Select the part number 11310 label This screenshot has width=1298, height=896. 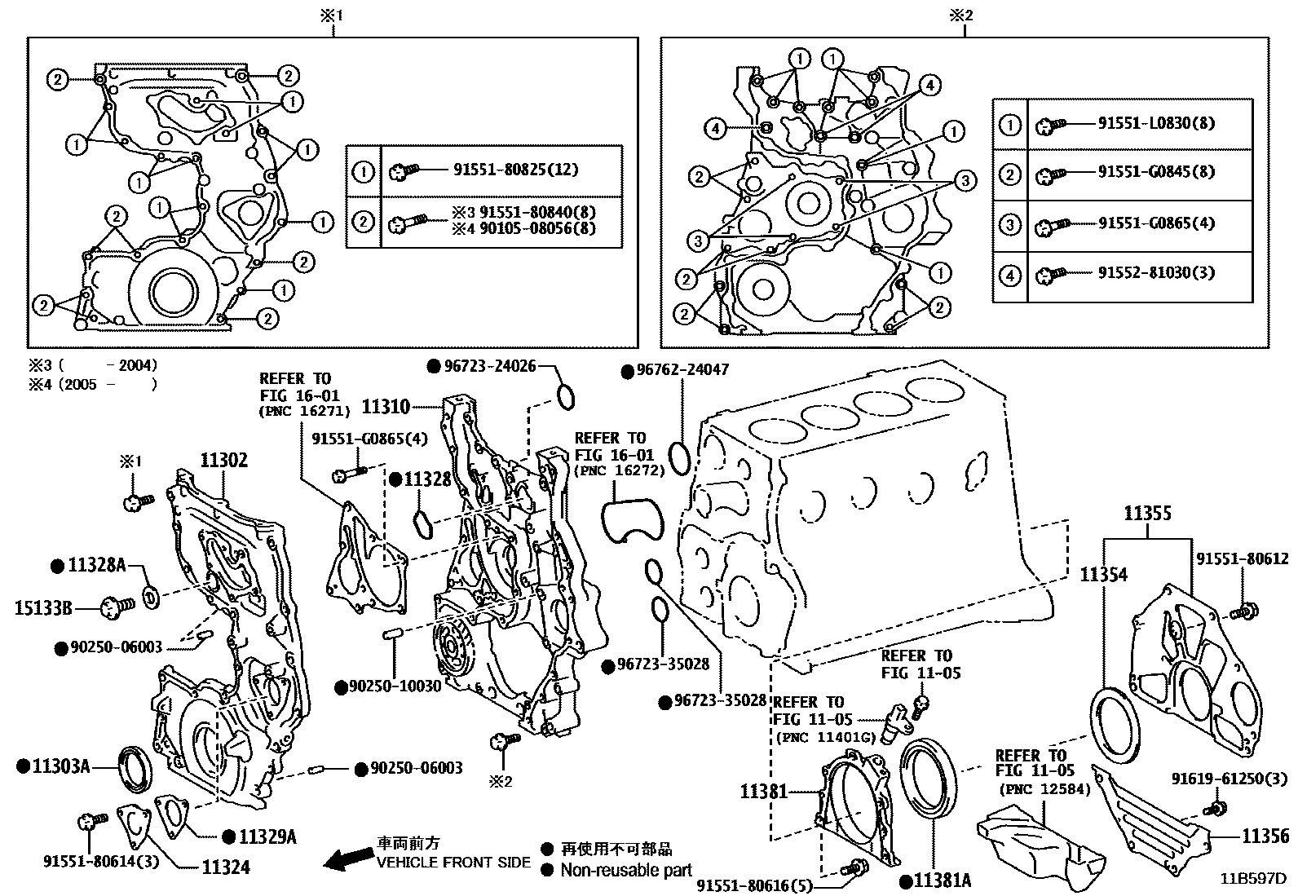click(x=386, y=405)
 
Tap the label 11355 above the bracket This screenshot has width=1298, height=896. click(x=1147, y=514)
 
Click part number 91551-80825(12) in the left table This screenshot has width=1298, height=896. click(x=514, y=170)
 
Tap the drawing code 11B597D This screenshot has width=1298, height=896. click(x=1252, y=879)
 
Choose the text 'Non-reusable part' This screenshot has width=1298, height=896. click(x=625, y=870)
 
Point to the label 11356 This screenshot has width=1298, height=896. click(x=1265, y=836)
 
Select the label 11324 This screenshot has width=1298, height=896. click(x=226, y=867)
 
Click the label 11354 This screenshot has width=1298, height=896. click(x=1103, y=575)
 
